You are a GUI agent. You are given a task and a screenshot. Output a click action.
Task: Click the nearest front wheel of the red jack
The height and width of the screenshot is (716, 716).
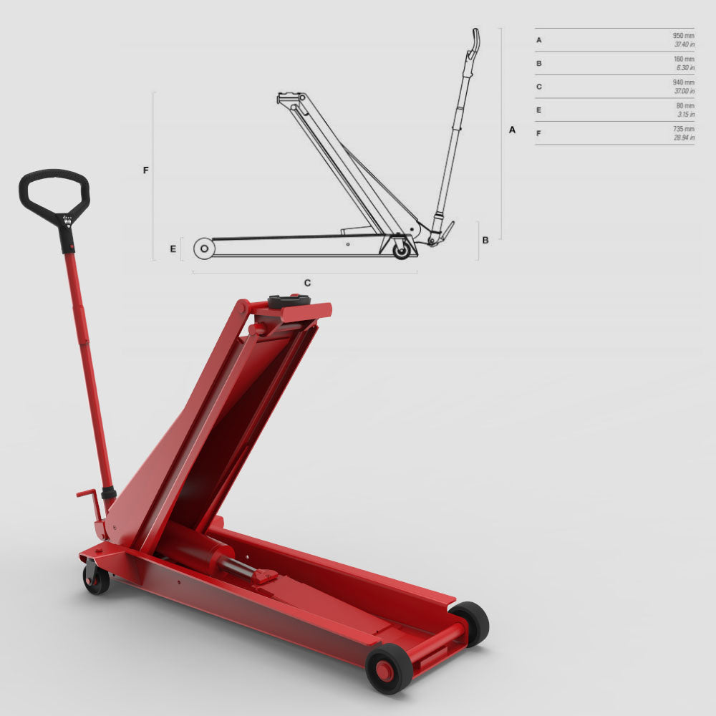tap(389, 668)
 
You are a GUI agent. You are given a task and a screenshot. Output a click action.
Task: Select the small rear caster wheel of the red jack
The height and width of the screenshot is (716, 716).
tap(96, 578)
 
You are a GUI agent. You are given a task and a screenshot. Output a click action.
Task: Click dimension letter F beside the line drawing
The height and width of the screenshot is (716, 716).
tap(146, 170)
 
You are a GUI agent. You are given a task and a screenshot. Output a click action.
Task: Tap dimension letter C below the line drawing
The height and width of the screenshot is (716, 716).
tap(307, 283)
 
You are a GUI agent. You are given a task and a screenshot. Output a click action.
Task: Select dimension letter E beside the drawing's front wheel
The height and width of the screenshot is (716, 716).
tap(173, 249)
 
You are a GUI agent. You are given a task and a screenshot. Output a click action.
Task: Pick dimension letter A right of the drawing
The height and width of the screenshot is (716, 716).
tap(512, 130)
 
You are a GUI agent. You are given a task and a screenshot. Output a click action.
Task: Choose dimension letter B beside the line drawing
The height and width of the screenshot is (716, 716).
tap(485, 240)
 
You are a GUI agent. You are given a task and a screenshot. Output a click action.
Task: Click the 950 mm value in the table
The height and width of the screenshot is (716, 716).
tap(683, 35)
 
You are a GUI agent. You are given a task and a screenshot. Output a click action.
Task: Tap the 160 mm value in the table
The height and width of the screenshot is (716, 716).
tap(684, 59)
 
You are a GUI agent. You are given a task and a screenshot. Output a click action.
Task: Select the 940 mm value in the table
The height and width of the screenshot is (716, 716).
tap(683, 82)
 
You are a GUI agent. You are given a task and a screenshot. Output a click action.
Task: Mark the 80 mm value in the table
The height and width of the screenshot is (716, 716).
tap(685, 105)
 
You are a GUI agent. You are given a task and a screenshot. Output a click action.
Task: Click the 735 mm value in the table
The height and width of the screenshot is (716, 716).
tap(683, 129)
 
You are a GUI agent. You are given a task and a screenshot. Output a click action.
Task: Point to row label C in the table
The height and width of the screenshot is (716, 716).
tap(539, 87)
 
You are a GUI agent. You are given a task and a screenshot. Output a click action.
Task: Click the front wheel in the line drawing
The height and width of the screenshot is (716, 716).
tap(204, 248)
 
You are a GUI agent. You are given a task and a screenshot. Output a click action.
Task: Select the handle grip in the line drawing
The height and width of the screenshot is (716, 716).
tap(473, 41)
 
